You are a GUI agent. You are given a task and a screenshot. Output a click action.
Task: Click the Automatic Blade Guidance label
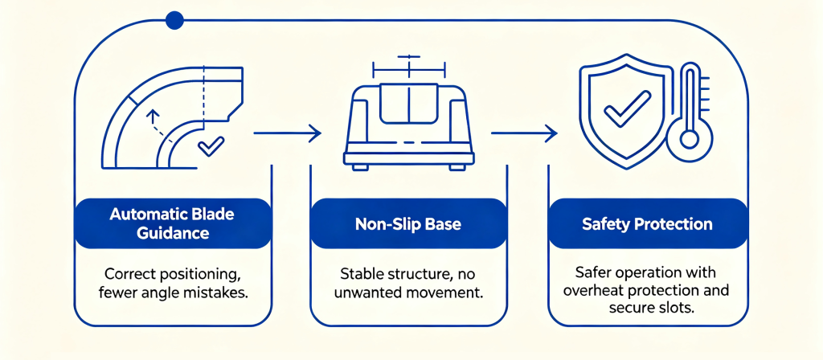coord(173,223)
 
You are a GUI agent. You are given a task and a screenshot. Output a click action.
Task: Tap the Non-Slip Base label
coord(408,224)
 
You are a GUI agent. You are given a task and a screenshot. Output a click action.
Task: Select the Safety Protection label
coord(647,224)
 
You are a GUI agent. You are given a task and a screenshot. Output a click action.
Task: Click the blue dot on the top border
coord(174,20)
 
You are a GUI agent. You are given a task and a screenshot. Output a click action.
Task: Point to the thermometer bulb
coord(689,139)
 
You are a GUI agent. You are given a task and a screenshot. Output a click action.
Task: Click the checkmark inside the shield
coord(627,108)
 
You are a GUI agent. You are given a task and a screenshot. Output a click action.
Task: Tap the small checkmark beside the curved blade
coord(211,146)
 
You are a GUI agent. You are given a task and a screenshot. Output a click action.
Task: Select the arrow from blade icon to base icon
coord(287,133)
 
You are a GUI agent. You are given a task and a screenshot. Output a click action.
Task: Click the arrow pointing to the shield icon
coord(524,133)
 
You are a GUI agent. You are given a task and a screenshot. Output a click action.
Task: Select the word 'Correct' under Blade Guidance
coord(129,274)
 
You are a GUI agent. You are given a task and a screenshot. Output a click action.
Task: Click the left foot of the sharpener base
coord(360,167)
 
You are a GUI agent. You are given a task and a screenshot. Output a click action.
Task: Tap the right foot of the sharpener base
coord(457,167)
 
